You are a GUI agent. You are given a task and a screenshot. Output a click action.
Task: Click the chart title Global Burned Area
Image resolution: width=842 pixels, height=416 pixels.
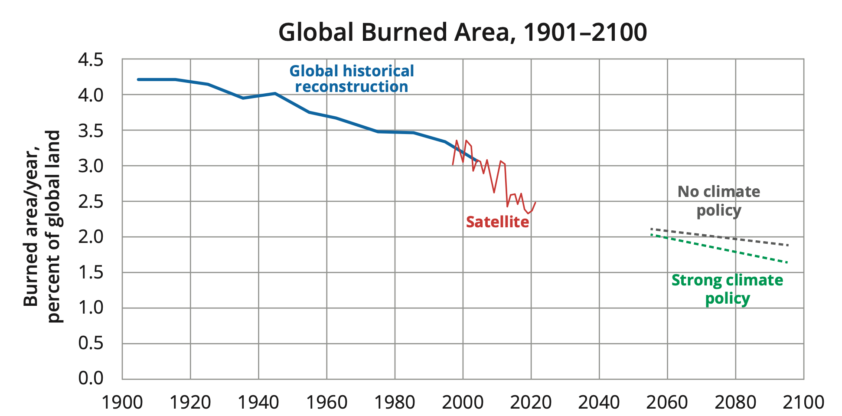(462, 32)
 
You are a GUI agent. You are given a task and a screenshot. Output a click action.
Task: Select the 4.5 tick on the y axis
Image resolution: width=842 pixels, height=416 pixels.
(91, 60)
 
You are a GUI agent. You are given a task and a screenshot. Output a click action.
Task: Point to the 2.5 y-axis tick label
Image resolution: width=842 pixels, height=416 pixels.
(91, 202)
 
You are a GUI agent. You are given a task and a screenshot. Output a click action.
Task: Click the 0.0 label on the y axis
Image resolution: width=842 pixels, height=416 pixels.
(91, 378)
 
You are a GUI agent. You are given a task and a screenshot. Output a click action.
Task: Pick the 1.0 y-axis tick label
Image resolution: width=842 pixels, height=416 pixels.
(91, 308)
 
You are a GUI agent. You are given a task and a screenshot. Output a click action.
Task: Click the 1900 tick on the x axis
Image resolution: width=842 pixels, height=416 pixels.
(122, 403)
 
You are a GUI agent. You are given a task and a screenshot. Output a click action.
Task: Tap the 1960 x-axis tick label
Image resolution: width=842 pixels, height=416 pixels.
(326, 403)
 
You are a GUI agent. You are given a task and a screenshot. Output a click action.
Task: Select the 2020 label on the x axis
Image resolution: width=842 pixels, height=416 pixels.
(531, 403)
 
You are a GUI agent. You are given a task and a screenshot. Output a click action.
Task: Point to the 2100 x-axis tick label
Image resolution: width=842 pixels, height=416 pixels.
(803, 403)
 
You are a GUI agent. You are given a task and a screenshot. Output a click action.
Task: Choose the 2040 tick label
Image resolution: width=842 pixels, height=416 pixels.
(599, 403)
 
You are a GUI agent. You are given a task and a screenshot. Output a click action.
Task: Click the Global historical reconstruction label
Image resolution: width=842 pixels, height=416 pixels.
(352, 79)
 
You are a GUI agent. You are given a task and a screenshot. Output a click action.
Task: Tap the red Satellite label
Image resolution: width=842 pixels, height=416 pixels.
(497, 222)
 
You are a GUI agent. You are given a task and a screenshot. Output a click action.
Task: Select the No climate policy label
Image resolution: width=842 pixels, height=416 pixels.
(718, 201)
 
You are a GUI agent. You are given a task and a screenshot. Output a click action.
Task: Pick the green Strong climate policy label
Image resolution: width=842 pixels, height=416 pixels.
(727, 289)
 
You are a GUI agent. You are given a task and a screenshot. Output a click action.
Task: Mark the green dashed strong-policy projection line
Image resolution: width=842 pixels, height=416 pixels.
(737, 252)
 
